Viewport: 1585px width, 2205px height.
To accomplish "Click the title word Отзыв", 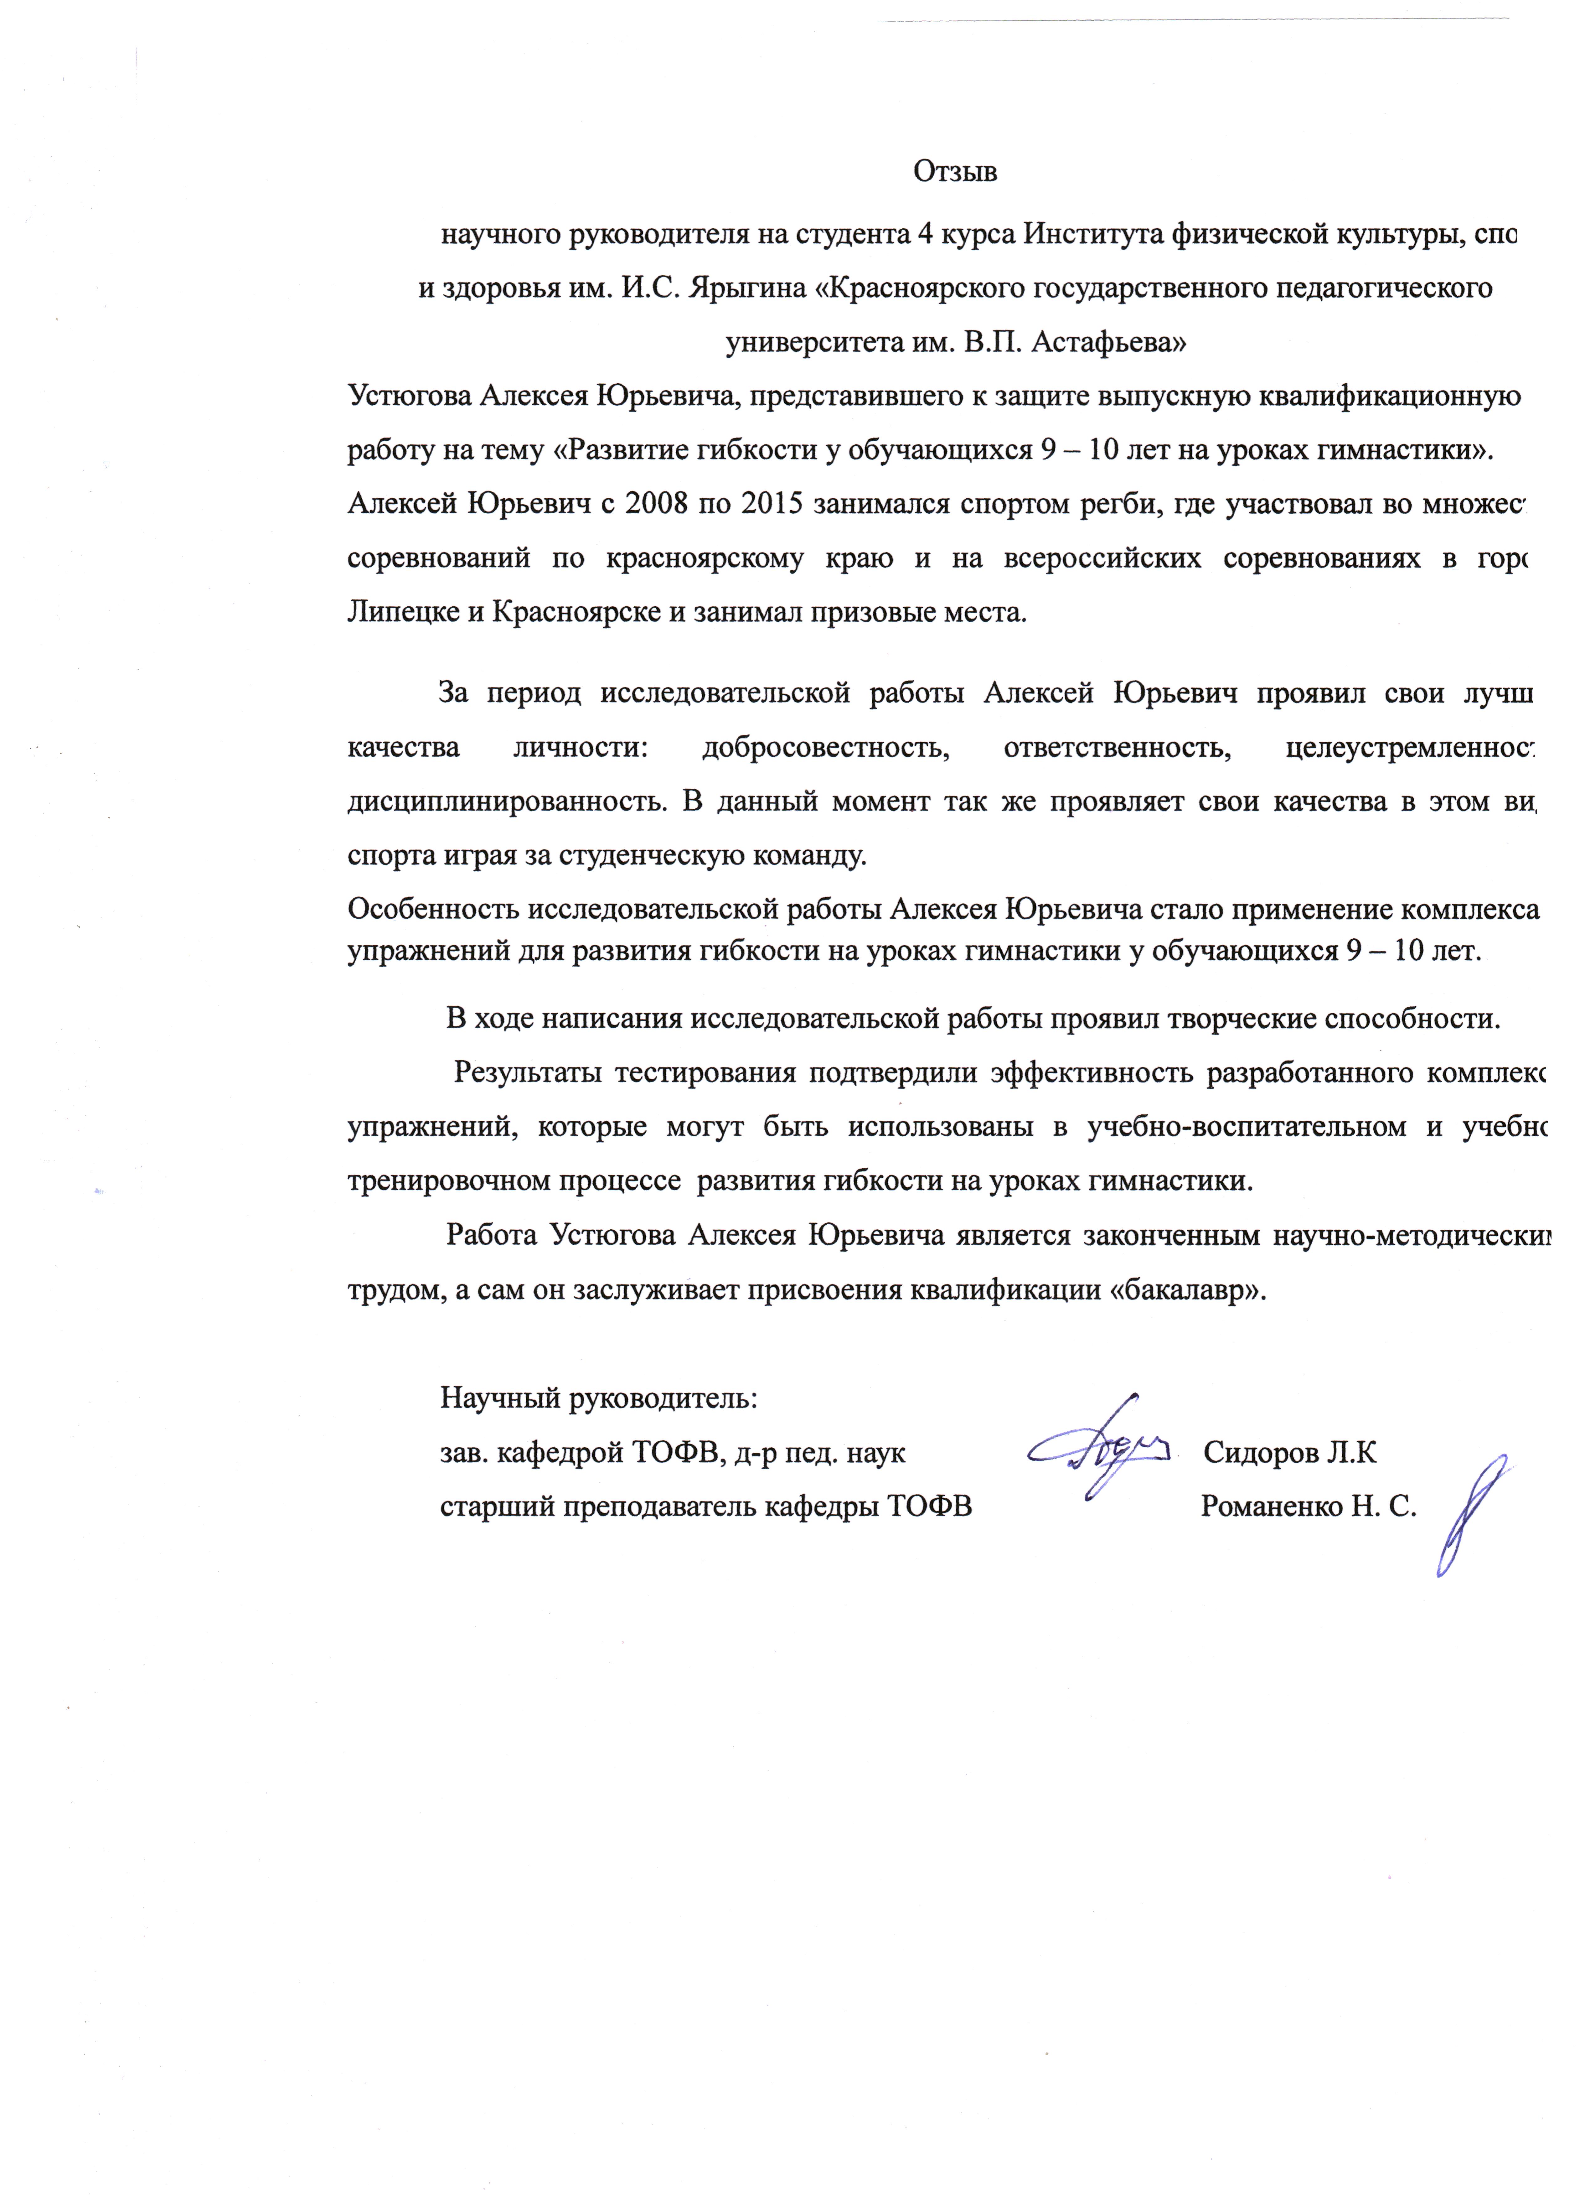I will click(955, 172).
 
